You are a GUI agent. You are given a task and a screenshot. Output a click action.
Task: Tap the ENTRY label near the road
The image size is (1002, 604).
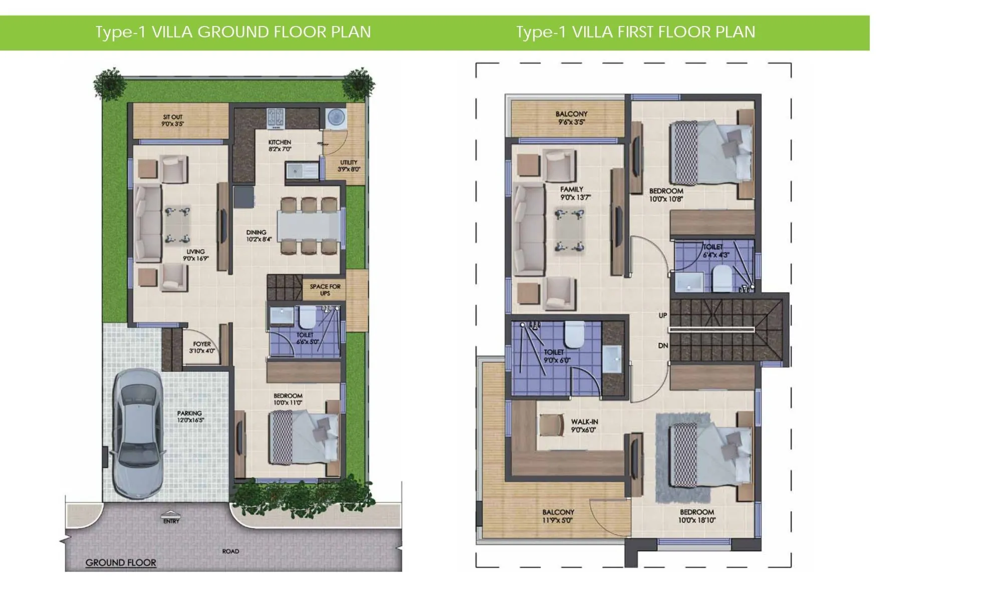(171, 521)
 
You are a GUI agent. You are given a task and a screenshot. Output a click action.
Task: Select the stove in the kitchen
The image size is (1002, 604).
(276, 117)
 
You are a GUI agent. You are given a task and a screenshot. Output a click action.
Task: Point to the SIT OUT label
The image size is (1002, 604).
(173, 117)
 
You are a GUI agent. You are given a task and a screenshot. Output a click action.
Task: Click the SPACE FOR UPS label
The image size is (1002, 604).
(325, 290)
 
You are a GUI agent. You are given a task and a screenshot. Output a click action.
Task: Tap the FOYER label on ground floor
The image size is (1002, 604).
(202, 344)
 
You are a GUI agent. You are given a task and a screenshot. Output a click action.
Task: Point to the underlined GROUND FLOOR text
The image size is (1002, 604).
(121, 562)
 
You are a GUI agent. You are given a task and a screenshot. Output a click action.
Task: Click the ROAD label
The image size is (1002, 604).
(230, 551)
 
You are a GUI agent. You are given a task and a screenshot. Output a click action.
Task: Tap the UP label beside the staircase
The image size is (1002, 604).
(663, 316)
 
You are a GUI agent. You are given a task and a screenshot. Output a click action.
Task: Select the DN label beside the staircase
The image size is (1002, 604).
(663, 346)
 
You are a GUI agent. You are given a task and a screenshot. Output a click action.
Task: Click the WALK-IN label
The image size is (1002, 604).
(584, 422)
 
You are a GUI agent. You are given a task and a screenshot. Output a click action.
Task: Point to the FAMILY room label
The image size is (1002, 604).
(572, 190)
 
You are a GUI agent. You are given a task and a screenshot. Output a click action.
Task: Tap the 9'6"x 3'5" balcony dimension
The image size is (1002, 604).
(571, 122)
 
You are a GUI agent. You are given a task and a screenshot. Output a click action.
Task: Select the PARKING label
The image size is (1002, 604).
(189, 413)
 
